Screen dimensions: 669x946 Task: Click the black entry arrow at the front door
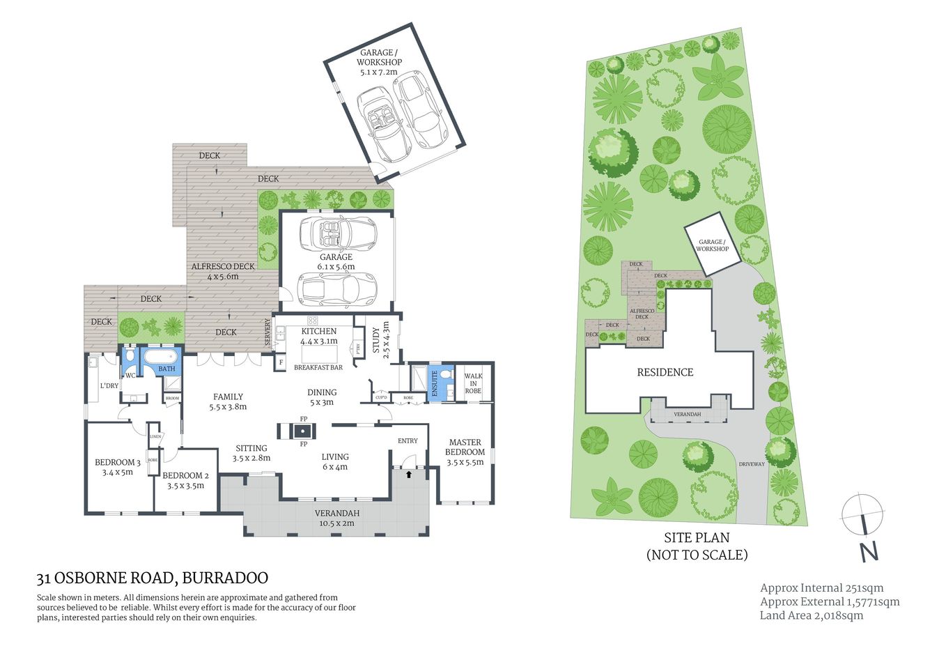409,474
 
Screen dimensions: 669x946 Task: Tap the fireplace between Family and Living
304,431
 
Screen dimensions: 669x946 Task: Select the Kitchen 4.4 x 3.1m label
318,336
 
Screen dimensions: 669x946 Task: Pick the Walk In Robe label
473,383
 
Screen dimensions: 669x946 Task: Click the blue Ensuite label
435,384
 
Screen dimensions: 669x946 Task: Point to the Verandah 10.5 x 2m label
337,518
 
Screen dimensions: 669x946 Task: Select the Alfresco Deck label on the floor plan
223,271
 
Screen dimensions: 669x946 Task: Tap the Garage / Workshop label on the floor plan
379,62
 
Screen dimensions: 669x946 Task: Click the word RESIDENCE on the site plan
665,372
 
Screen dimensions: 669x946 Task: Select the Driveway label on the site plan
752,464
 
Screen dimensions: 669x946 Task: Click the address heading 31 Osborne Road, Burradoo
153,578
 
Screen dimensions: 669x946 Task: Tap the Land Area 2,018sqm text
811,615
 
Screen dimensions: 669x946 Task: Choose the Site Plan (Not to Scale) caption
697,546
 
